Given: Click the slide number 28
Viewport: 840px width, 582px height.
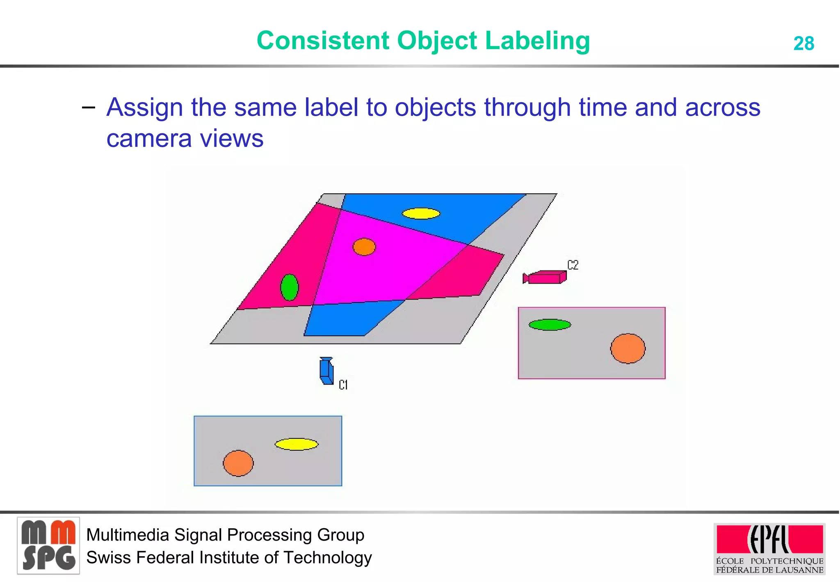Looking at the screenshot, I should point(803,44).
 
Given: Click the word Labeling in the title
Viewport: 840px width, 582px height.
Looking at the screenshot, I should point(537,41).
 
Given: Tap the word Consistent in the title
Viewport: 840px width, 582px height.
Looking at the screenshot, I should point(323,41).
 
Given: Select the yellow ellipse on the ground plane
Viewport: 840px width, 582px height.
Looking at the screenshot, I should point(421,214).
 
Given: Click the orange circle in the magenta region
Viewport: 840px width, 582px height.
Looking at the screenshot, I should point(364,247).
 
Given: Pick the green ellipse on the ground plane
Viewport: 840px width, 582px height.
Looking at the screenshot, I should point(289,287).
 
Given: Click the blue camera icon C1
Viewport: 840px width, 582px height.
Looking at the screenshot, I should point(326,371).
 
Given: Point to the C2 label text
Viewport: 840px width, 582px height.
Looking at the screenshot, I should point(573,265).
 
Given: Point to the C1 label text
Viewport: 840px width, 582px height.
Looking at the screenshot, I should point(343,385).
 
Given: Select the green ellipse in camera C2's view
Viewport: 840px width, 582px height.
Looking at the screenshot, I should point(550,325).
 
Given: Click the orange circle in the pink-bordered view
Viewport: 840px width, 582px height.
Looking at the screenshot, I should point(628,348).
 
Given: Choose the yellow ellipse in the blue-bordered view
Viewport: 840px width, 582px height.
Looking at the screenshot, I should point(296,444).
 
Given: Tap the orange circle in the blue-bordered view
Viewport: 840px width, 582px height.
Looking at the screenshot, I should point(238,463).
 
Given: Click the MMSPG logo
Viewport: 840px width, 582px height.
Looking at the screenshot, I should point(48,546).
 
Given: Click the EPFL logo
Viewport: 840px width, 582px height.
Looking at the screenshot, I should point(769,548).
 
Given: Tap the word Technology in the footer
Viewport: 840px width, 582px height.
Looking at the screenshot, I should point(327,558).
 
